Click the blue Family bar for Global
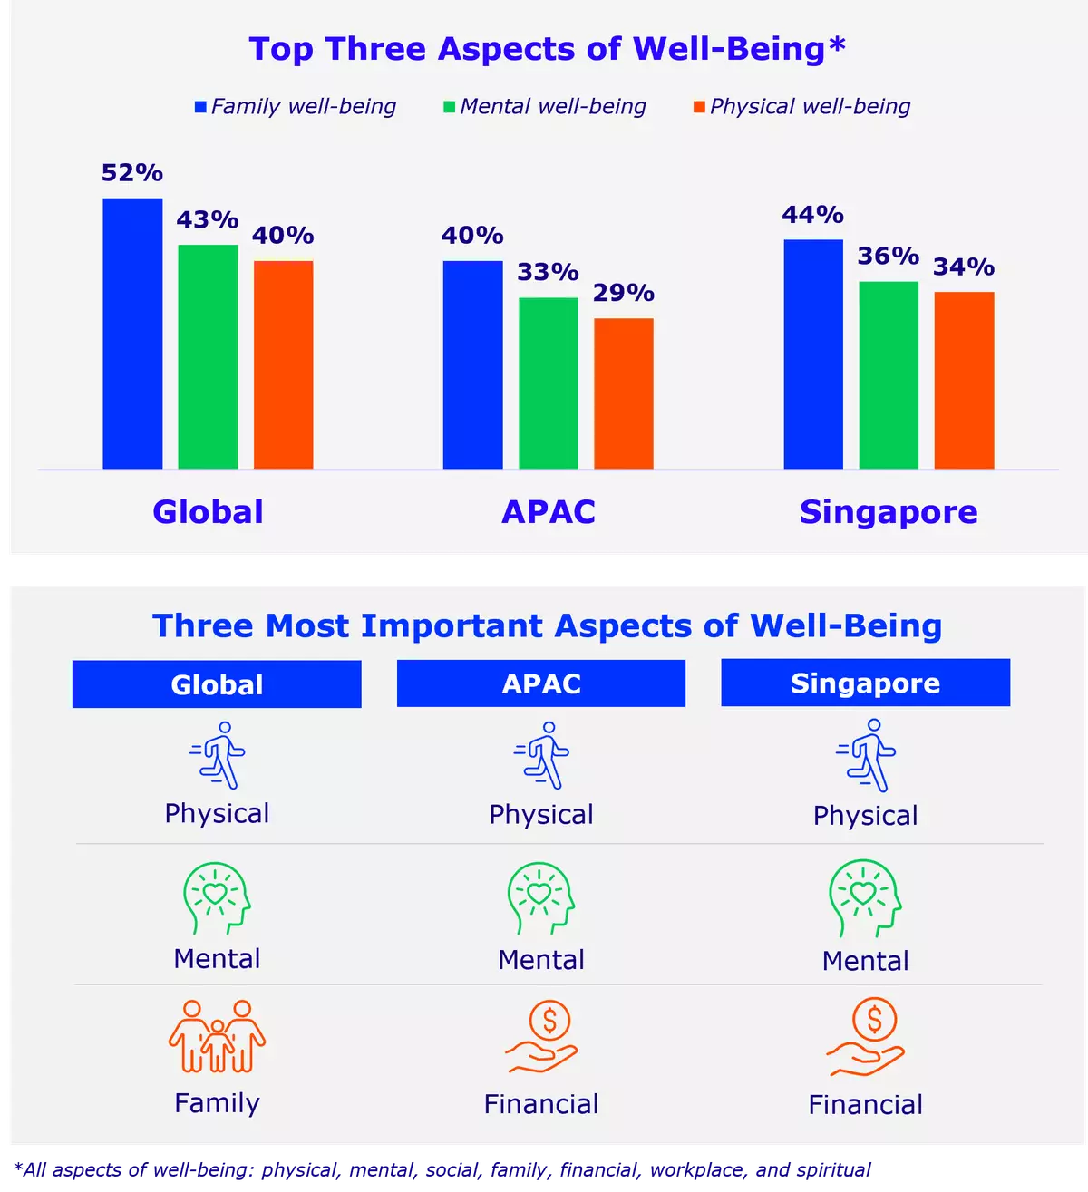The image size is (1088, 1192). [132, 334]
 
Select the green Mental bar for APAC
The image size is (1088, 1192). [548, 383]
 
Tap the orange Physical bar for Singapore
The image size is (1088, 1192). [964, 381]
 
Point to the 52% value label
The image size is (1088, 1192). [132, 172]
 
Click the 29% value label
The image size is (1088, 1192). [624, 293]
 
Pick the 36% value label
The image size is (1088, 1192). [889, 256]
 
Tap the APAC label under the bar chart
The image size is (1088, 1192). [549, 512]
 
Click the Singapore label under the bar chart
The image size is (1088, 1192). [889, 512]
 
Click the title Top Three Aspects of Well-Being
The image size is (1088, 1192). [547, 49]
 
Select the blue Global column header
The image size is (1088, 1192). [217, 684]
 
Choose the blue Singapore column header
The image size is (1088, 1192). [865, 683]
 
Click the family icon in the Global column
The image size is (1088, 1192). [217, 1036]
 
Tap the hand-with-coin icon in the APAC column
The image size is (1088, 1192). [541, 1036]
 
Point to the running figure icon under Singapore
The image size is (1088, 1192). [866, 756]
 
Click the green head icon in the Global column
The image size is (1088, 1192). [217, 897]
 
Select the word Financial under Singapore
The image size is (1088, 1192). [865, 1105]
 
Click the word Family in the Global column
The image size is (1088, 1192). [217, 1103]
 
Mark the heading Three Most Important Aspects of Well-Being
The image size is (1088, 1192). [547, 626]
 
